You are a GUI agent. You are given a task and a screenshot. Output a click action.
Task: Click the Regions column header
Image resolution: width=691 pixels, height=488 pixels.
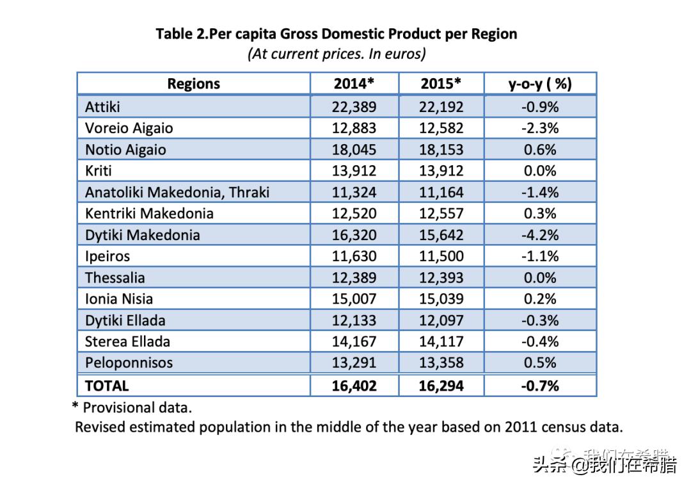tap(193, 84)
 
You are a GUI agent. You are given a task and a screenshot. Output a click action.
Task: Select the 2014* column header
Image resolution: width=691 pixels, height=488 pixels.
tap(354, 84)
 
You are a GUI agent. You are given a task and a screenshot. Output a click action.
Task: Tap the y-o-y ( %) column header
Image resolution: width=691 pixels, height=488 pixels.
tap(540, 84)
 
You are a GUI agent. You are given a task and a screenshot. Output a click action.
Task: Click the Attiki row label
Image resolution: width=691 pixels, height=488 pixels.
tap(102, 107)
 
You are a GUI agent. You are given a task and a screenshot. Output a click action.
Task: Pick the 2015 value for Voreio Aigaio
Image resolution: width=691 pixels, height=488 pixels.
tap(441, 128)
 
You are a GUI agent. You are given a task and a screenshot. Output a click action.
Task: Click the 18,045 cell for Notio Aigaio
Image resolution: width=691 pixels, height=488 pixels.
tap(354, 150)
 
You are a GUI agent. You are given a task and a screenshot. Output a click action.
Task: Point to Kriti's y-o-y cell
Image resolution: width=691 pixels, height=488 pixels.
tap(540, 171)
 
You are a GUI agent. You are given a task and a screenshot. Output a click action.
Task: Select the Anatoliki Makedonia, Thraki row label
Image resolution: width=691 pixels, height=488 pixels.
tap(177, 192)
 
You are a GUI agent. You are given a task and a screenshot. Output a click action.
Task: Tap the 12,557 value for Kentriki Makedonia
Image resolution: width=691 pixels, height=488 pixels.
tap(441, 213)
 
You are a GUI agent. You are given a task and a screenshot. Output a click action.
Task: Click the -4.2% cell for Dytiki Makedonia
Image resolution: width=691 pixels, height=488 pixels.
tap(540, 235)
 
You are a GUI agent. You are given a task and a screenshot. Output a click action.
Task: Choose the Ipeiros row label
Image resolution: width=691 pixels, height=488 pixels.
tap(107, 256)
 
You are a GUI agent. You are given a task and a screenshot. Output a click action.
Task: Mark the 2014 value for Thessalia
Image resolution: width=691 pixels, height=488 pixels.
tap(354, 278)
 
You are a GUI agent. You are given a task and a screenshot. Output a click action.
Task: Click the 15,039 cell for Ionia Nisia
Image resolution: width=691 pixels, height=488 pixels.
tap(441, 299)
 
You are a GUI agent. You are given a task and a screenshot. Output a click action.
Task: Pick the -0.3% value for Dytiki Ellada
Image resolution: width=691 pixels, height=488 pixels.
tap(540, 320)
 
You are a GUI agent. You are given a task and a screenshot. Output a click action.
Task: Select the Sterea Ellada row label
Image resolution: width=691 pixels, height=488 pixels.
tap(127, 341)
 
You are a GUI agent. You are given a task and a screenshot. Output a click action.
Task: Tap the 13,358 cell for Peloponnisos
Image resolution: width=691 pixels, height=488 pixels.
tap(441, 363)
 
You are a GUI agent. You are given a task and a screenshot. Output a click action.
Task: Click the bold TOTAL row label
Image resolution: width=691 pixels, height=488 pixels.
tap(107, 386)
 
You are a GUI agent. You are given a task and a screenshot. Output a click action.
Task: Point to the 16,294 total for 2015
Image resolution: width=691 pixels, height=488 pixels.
tap(441, 386)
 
